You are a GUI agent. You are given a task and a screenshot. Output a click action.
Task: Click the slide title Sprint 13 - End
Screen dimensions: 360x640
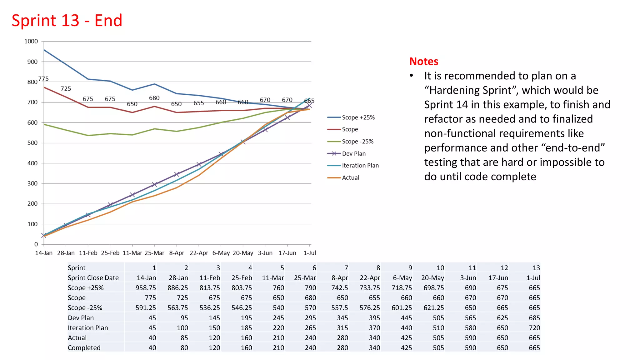pyautogui.click(x=67, y=21)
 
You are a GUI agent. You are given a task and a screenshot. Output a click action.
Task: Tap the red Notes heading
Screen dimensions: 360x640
pyautogui.click(x=423, y=62)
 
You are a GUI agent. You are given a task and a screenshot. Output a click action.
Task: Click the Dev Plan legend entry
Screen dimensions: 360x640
pyautogui.click(x=353, y=153)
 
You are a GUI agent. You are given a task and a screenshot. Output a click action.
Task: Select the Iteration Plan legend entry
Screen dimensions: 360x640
pyautogui.click(x=360, y=165)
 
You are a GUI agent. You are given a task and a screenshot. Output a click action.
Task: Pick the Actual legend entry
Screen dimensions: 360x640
pyautogui.click(x=350, y=177)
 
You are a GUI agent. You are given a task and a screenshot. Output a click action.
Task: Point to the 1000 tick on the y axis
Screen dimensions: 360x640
pyautogui.click(x=31, y=41)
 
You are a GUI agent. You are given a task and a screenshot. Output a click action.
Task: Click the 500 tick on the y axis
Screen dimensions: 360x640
pyautogui.click(x=32, y=143)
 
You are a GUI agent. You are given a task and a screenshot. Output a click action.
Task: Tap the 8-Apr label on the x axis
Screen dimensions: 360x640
pyautogui.click(x=177, y=253)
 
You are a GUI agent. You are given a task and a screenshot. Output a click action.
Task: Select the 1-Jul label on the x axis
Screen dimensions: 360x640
pyautogui.click(x=309, y=253)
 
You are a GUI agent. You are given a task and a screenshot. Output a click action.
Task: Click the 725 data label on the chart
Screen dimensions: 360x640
pyautogui.click(x=66, y=89)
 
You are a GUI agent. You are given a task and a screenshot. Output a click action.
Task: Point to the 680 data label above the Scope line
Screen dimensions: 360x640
pyautogui.click(x=154, y=98)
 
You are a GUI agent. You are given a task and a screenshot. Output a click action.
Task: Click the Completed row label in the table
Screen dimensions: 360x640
pyautogui.click(x=84, y=348)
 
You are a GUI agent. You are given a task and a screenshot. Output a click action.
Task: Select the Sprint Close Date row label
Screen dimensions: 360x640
pyautogui.click(x=93, y=278)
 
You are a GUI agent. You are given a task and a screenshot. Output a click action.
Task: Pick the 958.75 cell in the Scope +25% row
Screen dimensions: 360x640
pyautogui.click(x=146, y=288)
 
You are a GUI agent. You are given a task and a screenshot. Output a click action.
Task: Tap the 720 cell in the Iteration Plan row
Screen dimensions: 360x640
pyautogui.click(x=534, y=328)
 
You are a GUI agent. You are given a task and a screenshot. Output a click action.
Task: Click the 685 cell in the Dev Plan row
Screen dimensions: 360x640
pyautogui.click(x=534, y=318)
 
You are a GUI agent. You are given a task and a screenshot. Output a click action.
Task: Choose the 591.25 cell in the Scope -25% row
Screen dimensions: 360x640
pyautogui.click(x=146, y=308)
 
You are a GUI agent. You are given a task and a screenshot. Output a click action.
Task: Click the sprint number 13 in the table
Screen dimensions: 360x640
pyautogui.click(x=536, y=268)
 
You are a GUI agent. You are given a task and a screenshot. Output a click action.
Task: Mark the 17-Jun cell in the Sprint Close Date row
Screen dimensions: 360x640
pyautogui.click(x=498, y=278)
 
